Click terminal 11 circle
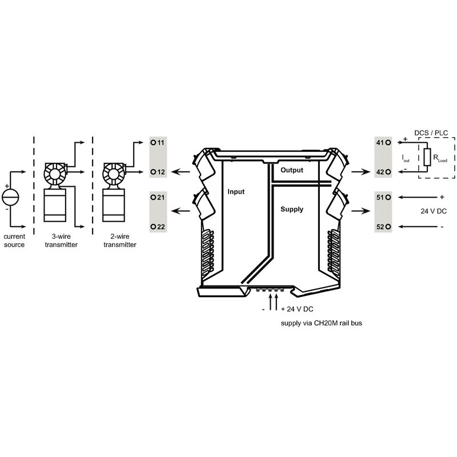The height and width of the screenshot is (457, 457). tap(153, 142)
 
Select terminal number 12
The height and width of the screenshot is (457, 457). tap(161, 172)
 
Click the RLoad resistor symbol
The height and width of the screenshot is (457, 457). tap(427, 157)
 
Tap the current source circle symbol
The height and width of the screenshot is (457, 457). tap(10, 197)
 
